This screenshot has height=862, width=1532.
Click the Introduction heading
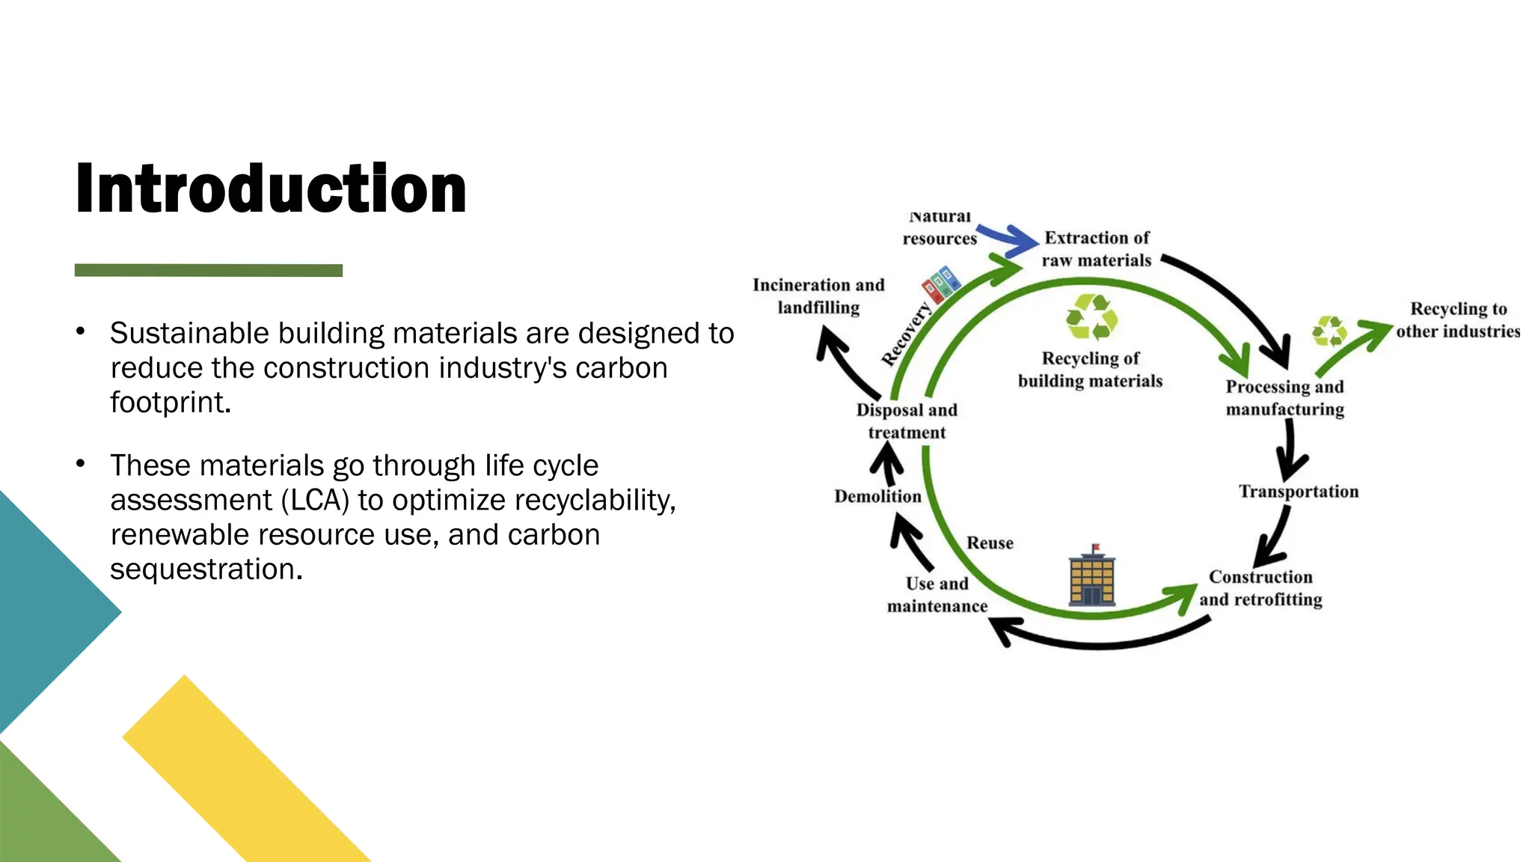click(x=271, y=189)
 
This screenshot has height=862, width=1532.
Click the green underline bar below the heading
click(x=208, y=270)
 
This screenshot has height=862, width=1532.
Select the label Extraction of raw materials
click(x=1097, y=249)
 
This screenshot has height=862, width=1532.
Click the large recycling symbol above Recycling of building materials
click(x=1091, y=317)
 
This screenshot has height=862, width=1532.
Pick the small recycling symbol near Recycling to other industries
click(x=1329, y=331)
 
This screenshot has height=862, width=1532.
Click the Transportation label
click(x=1299, y=492)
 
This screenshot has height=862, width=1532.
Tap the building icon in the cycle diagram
click(x=1092, y=575)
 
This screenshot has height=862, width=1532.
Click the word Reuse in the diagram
click(x=990, y=543)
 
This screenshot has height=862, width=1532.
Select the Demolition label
click(x=877, y=496)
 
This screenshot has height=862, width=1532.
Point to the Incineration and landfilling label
click(x=818, y=296)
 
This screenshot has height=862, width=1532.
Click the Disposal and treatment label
click(x=907, y=421)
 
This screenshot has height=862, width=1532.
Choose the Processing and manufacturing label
click(x=1284, y=398)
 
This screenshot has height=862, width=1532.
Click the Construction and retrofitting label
click(x=1261, y=588)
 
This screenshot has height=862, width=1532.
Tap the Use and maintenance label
click(x=937, y=595)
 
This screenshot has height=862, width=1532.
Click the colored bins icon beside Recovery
click(x=940, y=284)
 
